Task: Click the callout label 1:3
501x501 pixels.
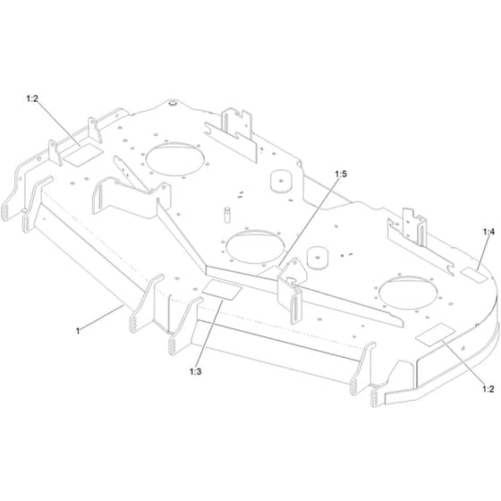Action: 196,371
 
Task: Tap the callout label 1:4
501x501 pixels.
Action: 488,232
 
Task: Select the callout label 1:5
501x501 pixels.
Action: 341,174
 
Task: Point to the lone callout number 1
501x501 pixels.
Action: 78,331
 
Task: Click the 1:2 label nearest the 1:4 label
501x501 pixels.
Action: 488,389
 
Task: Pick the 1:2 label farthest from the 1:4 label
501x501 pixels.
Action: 32,98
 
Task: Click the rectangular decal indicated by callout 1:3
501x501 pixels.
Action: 222,290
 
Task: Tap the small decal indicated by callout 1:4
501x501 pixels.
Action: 474,276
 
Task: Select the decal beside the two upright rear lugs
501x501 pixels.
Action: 83,155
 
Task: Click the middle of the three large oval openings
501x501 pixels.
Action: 255,247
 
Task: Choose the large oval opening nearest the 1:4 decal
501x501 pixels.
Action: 408,293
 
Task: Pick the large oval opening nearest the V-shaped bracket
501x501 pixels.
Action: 174,159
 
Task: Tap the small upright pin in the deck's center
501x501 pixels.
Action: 227,215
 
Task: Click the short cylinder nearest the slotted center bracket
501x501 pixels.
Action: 318,257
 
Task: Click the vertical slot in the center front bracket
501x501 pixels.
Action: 297,308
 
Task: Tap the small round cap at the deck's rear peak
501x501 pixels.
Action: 173,103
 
